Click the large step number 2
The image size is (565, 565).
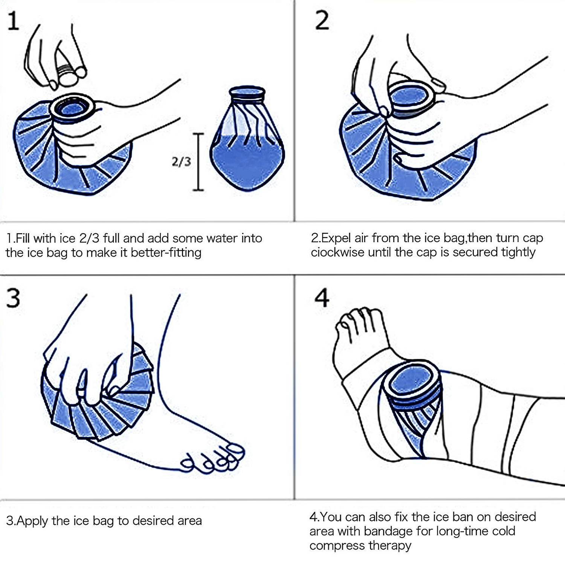[322, 20]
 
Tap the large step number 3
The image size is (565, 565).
[14, 299]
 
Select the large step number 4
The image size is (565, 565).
[322, 299]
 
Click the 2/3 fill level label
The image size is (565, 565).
[181, 162]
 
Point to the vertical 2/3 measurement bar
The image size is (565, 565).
[199, 162]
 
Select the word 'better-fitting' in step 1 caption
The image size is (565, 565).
[166, 253]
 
